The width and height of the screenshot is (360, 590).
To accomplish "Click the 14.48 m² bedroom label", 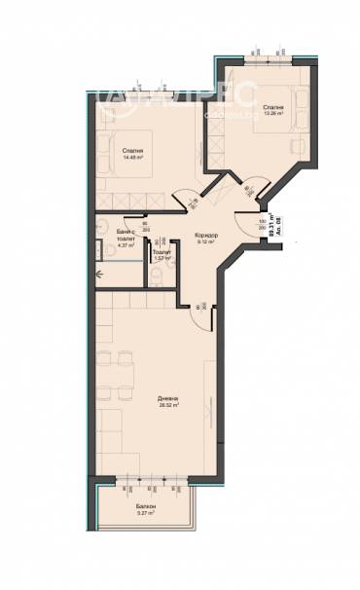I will (133, 154).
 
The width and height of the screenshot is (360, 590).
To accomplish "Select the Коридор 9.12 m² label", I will (204, 239).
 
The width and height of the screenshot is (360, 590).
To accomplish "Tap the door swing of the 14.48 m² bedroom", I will (182, 198).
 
